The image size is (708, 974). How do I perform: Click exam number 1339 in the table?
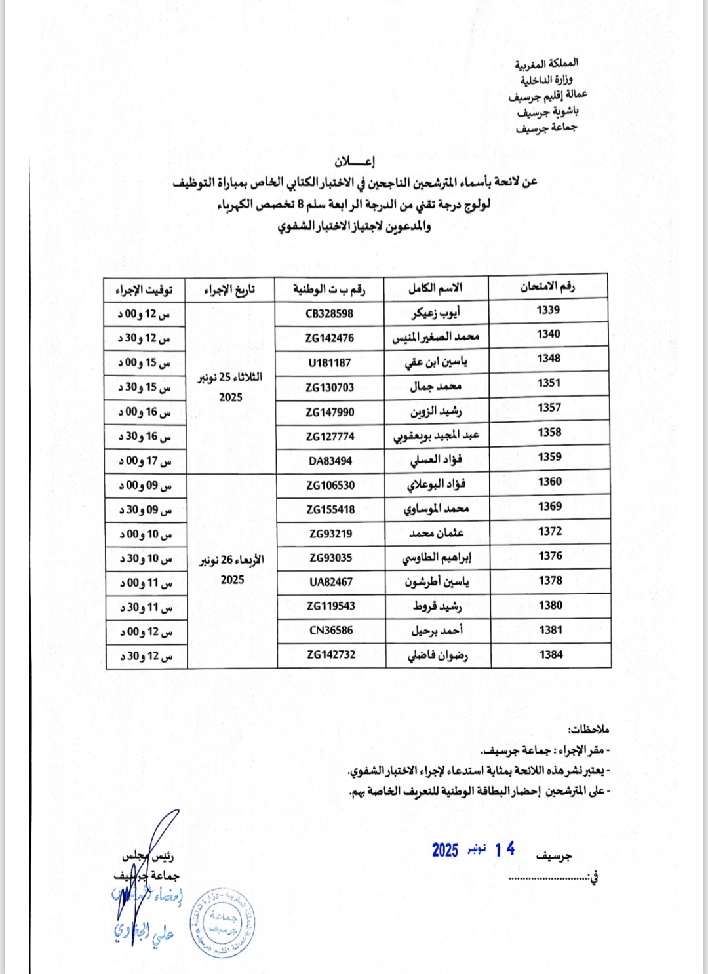pos(548,310)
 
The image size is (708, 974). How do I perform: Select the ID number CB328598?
pos(329,313)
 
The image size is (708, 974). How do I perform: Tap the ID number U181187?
pos(330,362)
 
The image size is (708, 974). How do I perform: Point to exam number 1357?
pos(549,408)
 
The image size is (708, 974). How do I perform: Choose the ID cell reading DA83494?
pos(330,461)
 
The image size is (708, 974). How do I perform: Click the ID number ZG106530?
pos(330,485)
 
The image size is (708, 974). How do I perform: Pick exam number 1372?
pos(550,531)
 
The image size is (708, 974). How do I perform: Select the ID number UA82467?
pos(331,581)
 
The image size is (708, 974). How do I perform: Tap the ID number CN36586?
pos(331,630)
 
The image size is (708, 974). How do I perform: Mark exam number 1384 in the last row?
pos(551,654)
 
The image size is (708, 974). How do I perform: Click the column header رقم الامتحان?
pos(547,286)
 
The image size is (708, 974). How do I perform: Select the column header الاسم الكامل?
pos(435,288)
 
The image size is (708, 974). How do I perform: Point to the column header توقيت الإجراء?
pos(144,290)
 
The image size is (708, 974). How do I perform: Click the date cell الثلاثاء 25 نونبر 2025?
pos(231,387)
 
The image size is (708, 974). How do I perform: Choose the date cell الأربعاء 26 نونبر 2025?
pos(232,570)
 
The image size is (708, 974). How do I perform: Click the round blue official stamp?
pos(222,924)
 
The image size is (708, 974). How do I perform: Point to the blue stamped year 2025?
pos(445,850)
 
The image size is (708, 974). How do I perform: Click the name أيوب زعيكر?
pos(436,313)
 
